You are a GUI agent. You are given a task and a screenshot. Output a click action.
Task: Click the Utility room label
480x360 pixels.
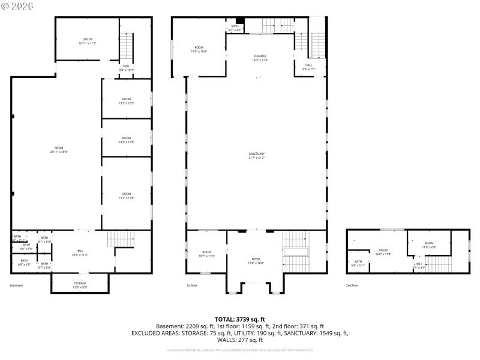coord(87,40)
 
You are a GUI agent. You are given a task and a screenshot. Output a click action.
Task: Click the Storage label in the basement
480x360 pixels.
coord(80,284)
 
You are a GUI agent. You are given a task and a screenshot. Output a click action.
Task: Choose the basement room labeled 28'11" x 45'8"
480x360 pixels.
coord(59,149)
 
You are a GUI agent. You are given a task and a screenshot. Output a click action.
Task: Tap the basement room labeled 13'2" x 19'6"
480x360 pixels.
coord(127,196)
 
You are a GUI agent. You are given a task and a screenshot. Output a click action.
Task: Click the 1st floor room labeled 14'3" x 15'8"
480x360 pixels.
coord(199,49)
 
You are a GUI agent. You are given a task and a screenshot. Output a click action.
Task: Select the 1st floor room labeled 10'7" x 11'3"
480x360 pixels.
coord(206,253)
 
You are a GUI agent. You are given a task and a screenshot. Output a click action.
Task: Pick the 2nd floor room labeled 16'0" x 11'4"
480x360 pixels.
coord(383,251)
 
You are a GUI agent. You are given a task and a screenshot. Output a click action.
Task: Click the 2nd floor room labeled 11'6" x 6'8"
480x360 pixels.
coord(429,245)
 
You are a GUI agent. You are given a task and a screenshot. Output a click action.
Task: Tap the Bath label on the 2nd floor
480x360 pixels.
coord(358,263)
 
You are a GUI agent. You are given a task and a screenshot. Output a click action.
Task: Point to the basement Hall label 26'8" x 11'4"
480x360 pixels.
coord(80,253)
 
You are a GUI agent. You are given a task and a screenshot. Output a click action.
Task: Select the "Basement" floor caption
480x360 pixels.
coord(16,286)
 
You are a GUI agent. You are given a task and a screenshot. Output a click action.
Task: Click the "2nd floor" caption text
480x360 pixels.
coord(352,286)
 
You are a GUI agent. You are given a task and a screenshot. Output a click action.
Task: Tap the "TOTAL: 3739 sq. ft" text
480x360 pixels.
coord(240,319)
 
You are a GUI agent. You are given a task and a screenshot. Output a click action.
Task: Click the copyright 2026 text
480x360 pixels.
coord(18,7)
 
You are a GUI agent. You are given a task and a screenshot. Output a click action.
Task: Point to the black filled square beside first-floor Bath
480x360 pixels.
coord(240,20)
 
